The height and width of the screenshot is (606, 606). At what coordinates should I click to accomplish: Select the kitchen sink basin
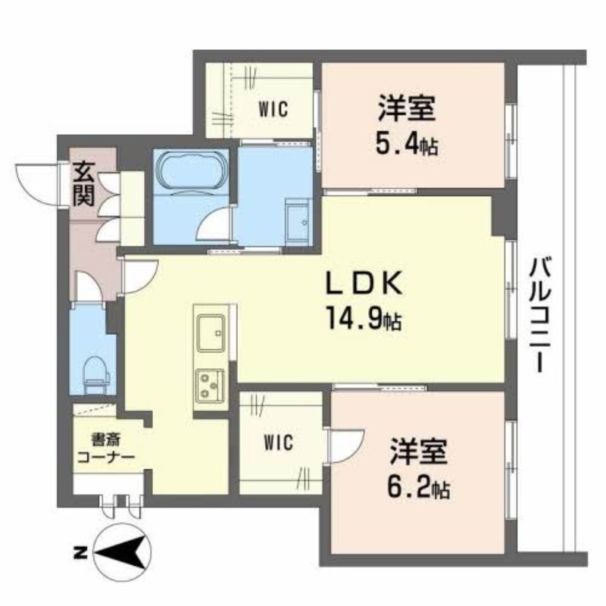pyautogui.click(x=211, y=333)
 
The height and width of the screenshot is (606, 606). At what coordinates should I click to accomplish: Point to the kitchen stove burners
pyautogui.click(x=210, y=385)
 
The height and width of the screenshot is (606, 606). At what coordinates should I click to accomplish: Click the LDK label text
pyautogui.click(x=364, y=283)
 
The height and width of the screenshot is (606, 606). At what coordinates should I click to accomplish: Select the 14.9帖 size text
pyautogui.click(x=364, y=317)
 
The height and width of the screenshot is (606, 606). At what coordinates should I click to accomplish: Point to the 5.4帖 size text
pyautogui.click(x=407, y=145)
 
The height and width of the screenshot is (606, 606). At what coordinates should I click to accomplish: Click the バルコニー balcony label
pyautogui.click(x=540, y=314)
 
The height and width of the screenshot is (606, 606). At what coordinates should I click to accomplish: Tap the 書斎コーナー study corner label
pyautogui.click(x=106, y=448)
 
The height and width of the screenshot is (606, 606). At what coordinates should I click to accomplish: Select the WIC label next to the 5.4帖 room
pyautogui.click(x=273, y=109)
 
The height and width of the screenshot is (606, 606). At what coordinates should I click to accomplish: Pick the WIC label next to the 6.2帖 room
pyautogui.click(x=278, y=442)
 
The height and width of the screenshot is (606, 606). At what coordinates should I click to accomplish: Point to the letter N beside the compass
pyautogui.click(x=80, y=553)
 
